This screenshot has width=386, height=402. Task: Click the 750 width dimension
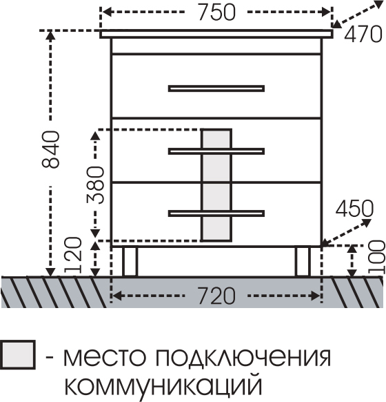tap(216, 12)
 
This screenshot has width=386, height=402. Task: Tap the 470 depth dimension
tap(363, 34)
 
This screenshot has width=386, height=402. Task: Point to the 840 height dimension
tap(51, 149)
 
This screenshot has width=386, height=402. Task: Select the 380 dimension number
tap(95, 184)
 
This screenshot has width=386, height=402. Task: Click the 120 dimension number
tap(73, 255)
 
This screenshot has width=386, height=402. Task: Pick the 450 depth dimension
tap(354, 208)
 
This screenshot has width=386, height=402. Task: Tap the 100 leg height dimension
tap(376, 257)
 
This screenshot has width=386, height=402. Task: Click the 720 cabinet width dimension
tap(216, 296)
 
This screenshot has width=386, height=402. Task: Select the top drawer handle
tap(216, 88)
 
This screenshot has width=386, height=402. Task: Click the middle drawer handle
tap(216, 151)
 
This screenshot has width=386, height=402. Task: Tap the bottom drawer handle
tap(216, 213)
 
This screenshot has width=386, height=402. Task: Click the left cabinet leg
tap(130, 262)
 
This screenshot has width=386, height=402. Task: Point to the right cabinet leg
tap(303, 262)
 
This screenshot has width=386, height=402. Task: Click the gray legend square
tap(18, 355)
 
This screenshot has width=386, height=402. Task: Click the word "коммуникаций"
tap(163, 385)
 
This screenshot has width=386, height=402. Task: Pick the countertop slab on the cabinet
tap(216, 34)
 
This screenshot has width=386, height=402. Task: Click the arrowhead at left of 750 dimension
tap(107, 12)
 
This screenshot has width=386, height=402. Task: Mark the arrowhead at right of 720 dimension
tap(315, 296)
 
